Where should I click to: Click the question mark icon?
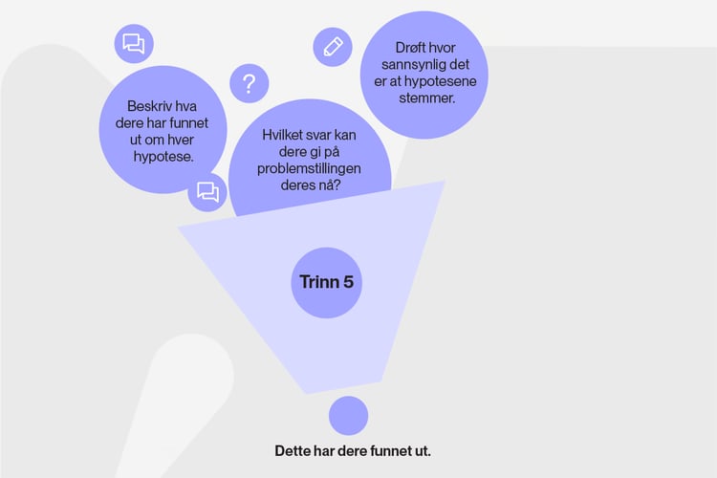250,83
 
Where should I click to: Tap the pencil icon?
333,47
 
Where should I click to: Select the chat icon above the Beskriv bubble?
134,44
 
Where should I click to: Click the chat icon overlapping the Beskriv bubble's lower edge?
207,191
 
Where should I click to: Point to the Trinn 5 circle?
327,282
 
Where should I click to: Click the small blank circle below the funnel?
348,415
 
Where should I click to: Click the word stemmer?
427,98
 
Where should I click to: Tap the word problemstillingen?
309,169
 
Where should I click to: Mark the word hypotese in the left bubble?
163,157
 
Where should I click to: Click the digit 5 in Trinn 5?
348,282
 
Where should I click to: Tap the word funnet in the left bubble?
188,123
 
